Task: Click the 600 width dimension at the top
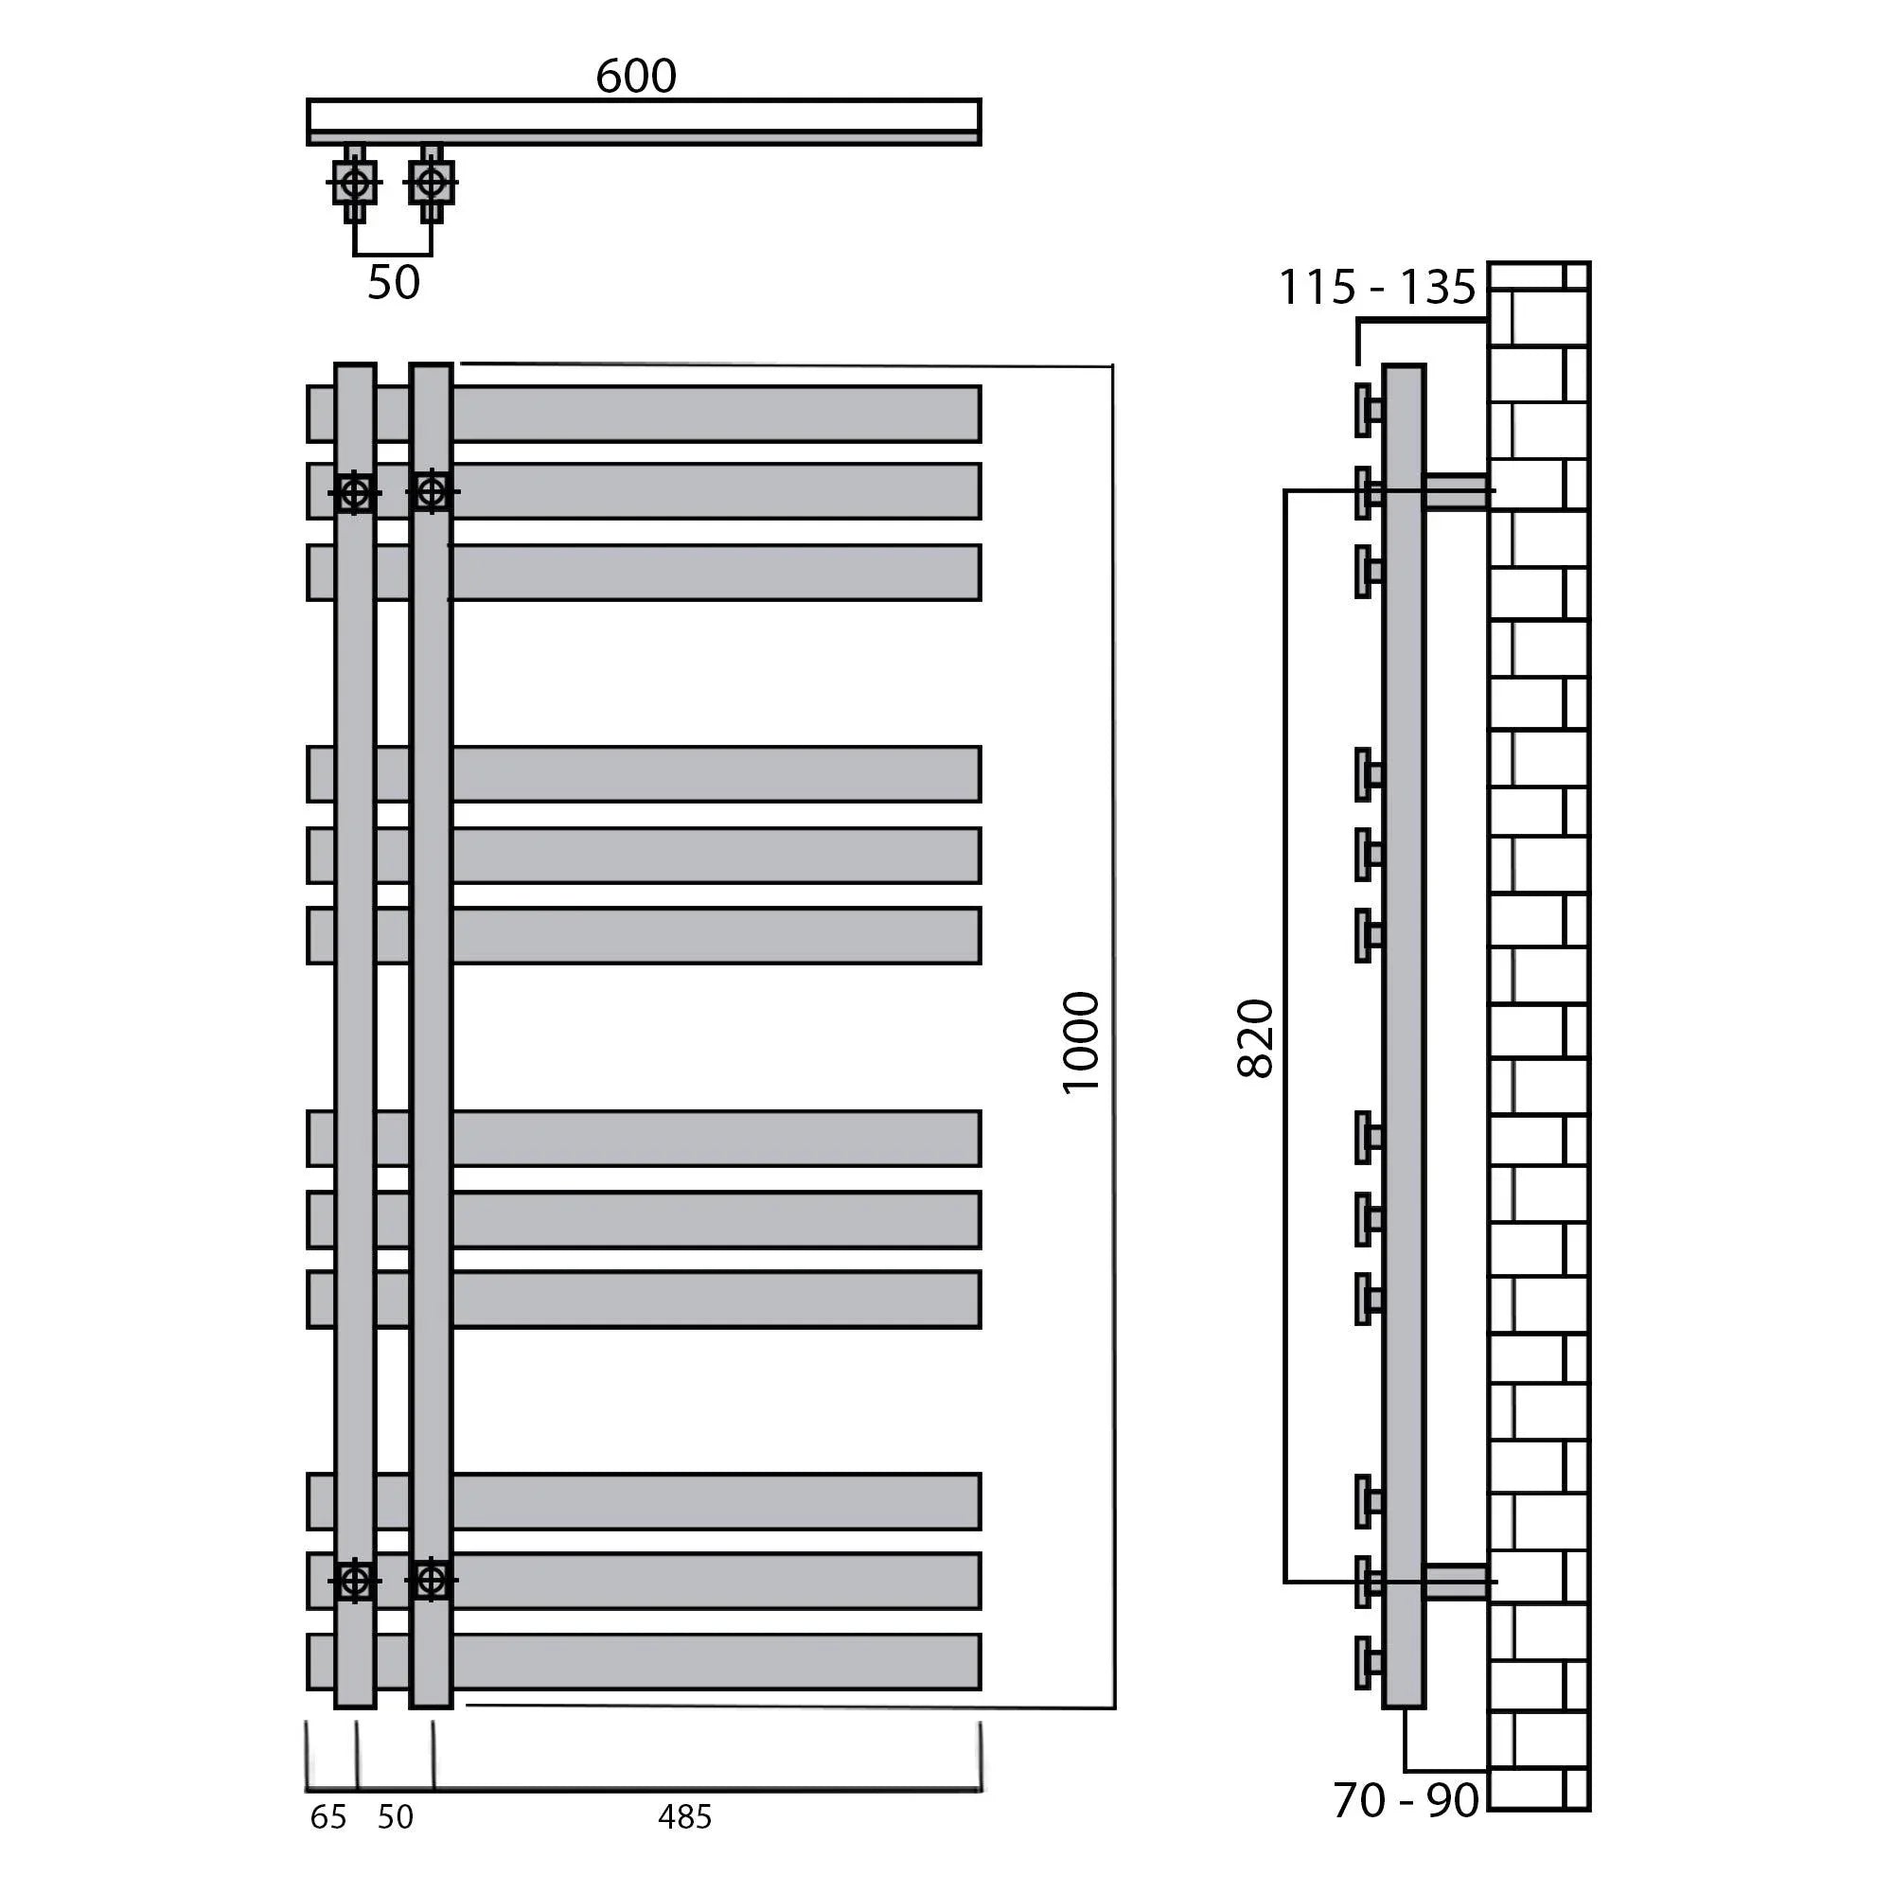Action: point(636,77)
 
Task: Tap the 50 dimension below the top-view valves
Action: point(394,282)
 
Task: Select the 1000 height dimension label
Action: point(1082,1041)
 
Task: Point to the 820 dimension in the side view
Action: point(1255,1038)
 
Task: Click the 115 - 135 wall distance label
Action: point(1376,287)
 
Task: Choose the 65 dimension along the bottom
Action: point(328,1817)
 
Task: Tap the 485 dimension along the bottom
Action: point(685,1817)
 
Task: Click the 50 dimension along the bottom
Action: point(396,1817)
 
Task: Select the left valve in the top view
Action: point(355,184)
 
